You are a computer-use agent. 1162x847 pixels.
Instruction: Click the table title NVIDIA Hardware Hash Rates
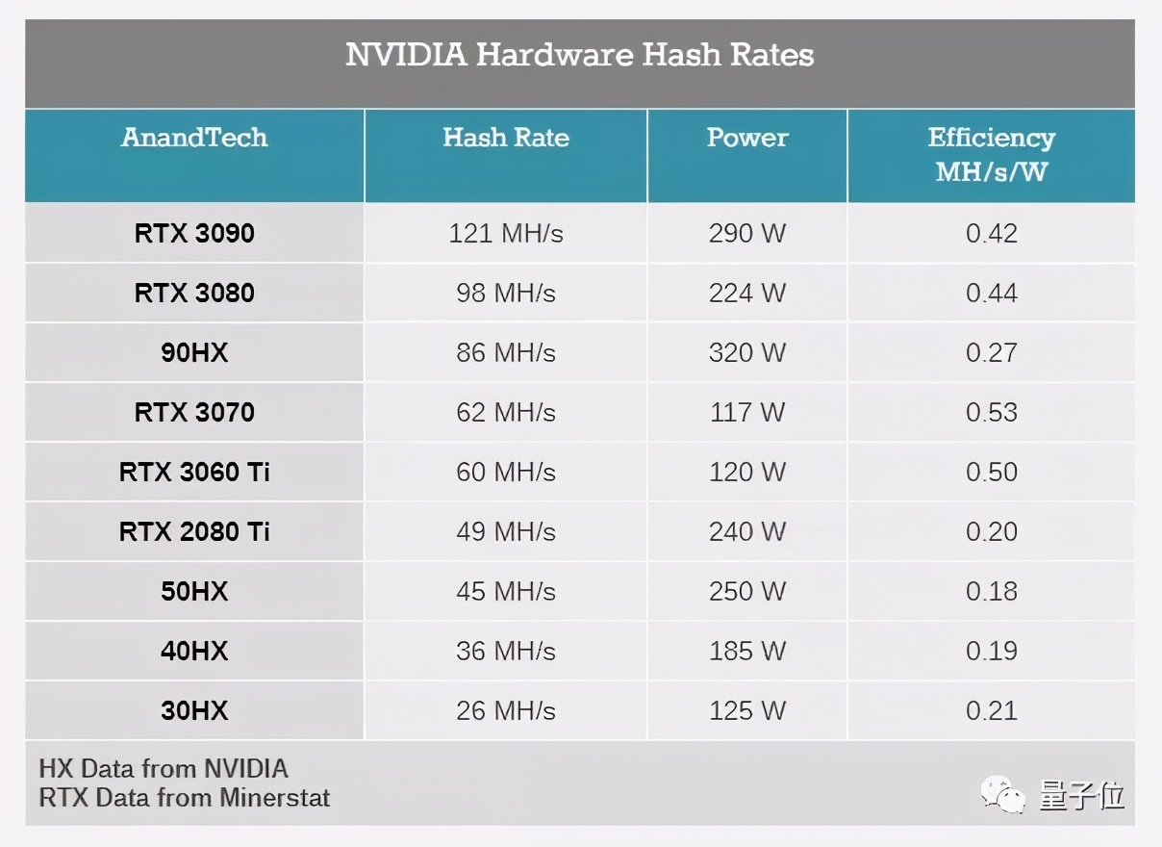(580, 55)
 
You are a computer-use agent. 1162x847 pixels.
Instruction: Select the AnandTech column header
(194, 138)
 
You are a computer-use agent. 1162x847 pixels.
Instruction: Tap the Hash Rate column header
(506, 138)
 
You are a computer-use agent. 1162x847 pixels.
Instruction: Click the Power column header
(747, 138)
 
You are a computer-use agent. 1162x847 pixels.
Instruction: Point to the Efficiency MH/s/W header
(991, 154)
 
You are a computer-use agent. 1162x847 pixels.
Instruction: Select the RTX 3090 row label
(194, 234)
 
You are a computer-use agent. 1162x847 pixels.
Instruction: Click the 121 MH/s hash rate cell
(506, 234)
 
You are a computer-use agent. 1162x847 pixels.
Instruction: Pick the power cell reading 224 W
(747, 294)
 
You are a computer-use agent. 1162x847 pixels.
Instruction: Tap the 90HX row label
(194, 353)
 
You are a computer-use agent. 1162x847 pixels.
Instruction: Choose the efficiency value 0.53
(991, 413)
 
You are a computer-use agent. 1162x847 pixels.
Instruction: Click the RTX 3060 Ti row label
(194, 473)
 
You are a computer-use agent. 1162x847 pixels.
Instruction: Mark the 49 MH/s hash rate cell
(506, 532)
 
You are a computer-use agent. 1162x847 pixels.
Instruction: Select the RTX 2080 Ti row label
(194, 532)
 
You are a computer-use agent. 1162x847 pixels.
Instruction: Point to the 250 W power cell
(747, 592)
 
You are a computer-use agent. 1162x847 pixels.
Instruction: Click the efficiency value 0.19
(991, 652)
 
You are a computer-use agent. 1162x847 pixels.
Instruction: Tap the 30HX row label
(194, 711)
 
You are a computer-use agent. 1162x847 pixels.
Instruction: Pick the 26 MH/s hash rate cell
(506, 711)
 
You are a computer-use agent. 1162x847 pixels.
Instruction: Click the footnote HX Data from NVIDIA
(164, 769)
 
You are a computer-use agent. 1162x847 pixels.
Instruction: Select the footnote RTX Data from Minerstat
(185, 798)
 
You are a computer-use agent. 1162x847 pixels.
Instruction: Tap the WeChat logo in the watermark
(1003, 796)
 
